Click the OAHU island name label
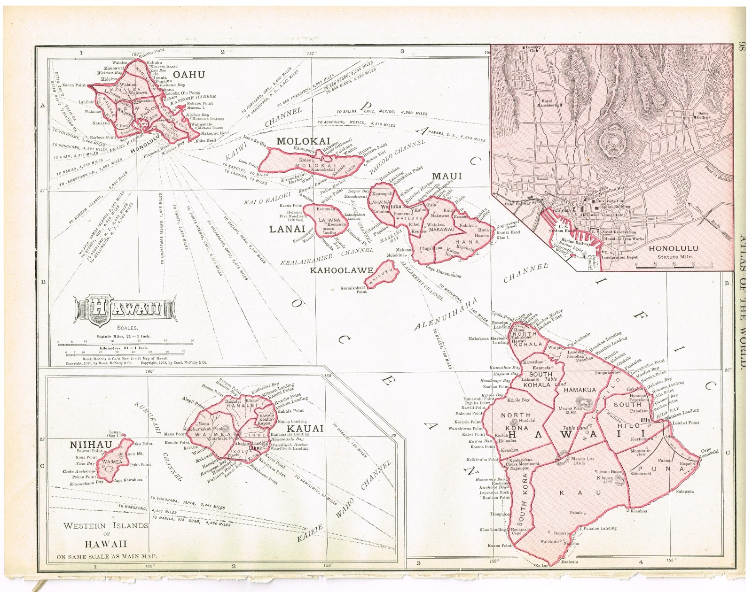188,74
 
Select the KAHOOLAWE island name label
341,270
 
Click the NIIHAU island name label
91,445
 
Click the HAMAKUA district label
580,390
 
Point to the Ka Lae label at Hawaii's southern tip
540,565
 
